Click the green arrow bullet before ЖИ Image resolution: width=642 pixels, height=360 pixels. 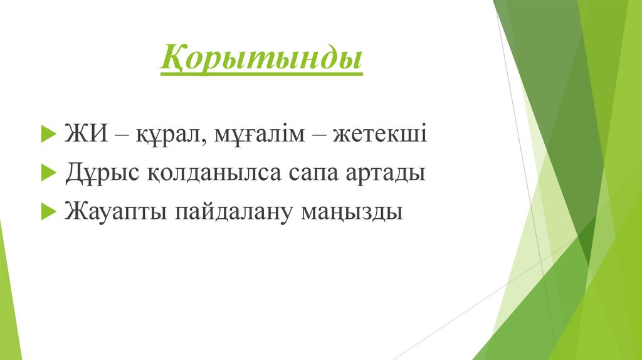coord(47,135)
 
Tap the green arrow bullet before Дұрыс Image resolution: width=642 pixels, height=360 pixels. coord(47,173)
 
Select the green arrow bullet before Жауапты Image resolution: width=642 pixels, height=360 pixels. coord(47,211)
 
